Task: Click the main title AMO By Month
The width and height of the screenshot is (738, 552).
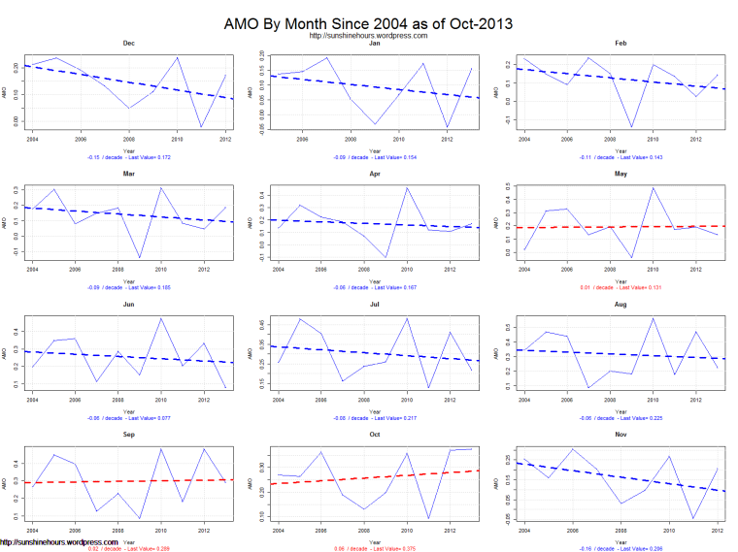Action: (x=368, y=21)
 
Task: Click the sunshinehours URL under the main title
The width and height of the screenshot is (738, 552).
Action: (x=368, y=36)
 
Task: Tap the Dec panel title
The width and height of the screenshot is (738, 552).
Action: (x=128, y=44)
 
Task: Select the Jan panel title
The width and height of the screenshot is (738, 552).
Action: (x=375, y=44)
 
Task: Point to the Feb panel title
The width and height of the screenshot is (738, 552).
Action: (x=621, y=44)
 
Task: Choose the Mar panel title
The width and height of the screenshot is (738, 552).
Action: (x=128, y=175)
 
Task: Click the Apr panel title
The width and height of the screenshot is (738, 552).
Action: (x=375, y=175)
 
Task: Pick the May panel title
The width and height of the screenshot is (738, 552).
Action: (x=621, y=175)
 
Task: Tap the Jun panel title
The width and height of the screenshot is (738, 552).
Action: (x=128, y=306)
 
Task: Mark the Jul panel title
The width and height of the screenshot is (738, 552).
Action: (x=375, y=306)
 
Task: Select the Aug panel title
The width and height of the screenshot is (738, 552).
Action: (x=621, y=306)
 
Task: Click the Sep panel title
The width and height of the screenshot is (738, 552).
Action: (x=128, y=437)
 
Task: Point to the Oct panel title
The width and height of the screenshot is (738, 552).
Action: (x=375, y=437)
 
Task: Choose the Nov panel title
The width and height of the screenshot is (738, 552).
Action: (x=621, y=437)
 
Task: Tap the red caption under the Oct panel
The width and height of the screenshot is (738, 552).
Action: (x=375, y=549)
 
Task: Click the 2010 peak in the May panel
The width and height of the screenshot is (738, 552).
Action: (x=653, y=188)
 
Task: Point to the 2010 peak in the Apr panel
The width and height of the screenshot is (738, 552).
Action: (x=406, y=188)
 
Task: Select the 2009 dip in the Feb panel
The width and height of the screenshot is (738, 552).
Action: (x=631, y=127)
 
